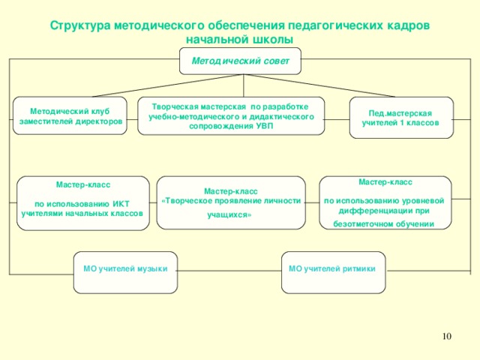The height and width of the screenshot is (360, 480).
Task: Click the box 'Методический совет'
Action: click(x=240, y=61)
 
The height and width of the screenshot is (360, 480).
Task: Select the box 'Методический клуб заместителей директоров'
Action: click(x=71, y=116)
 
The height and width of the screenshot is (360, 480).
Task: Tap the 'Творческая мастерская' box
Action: click(x=231, y=116)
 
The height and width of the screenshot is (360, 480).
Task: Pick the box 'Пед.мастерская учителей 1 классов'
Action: click(x=400, y=118)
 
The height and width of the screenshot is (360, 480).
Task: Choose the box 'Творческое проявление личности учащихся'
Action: click(x=231, y=202)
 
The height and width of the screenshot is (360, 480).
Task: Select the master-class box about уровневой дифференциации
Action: click(x=385, y=202)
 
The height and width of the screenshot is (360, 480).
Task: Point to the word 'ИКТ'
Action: click(x=121, y=203)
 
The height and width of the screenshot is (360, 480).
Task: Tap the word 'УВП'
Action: click(x=264, y=126)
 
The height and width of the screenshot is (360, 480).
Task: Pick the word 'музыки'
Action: click(x=151, y=268)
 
